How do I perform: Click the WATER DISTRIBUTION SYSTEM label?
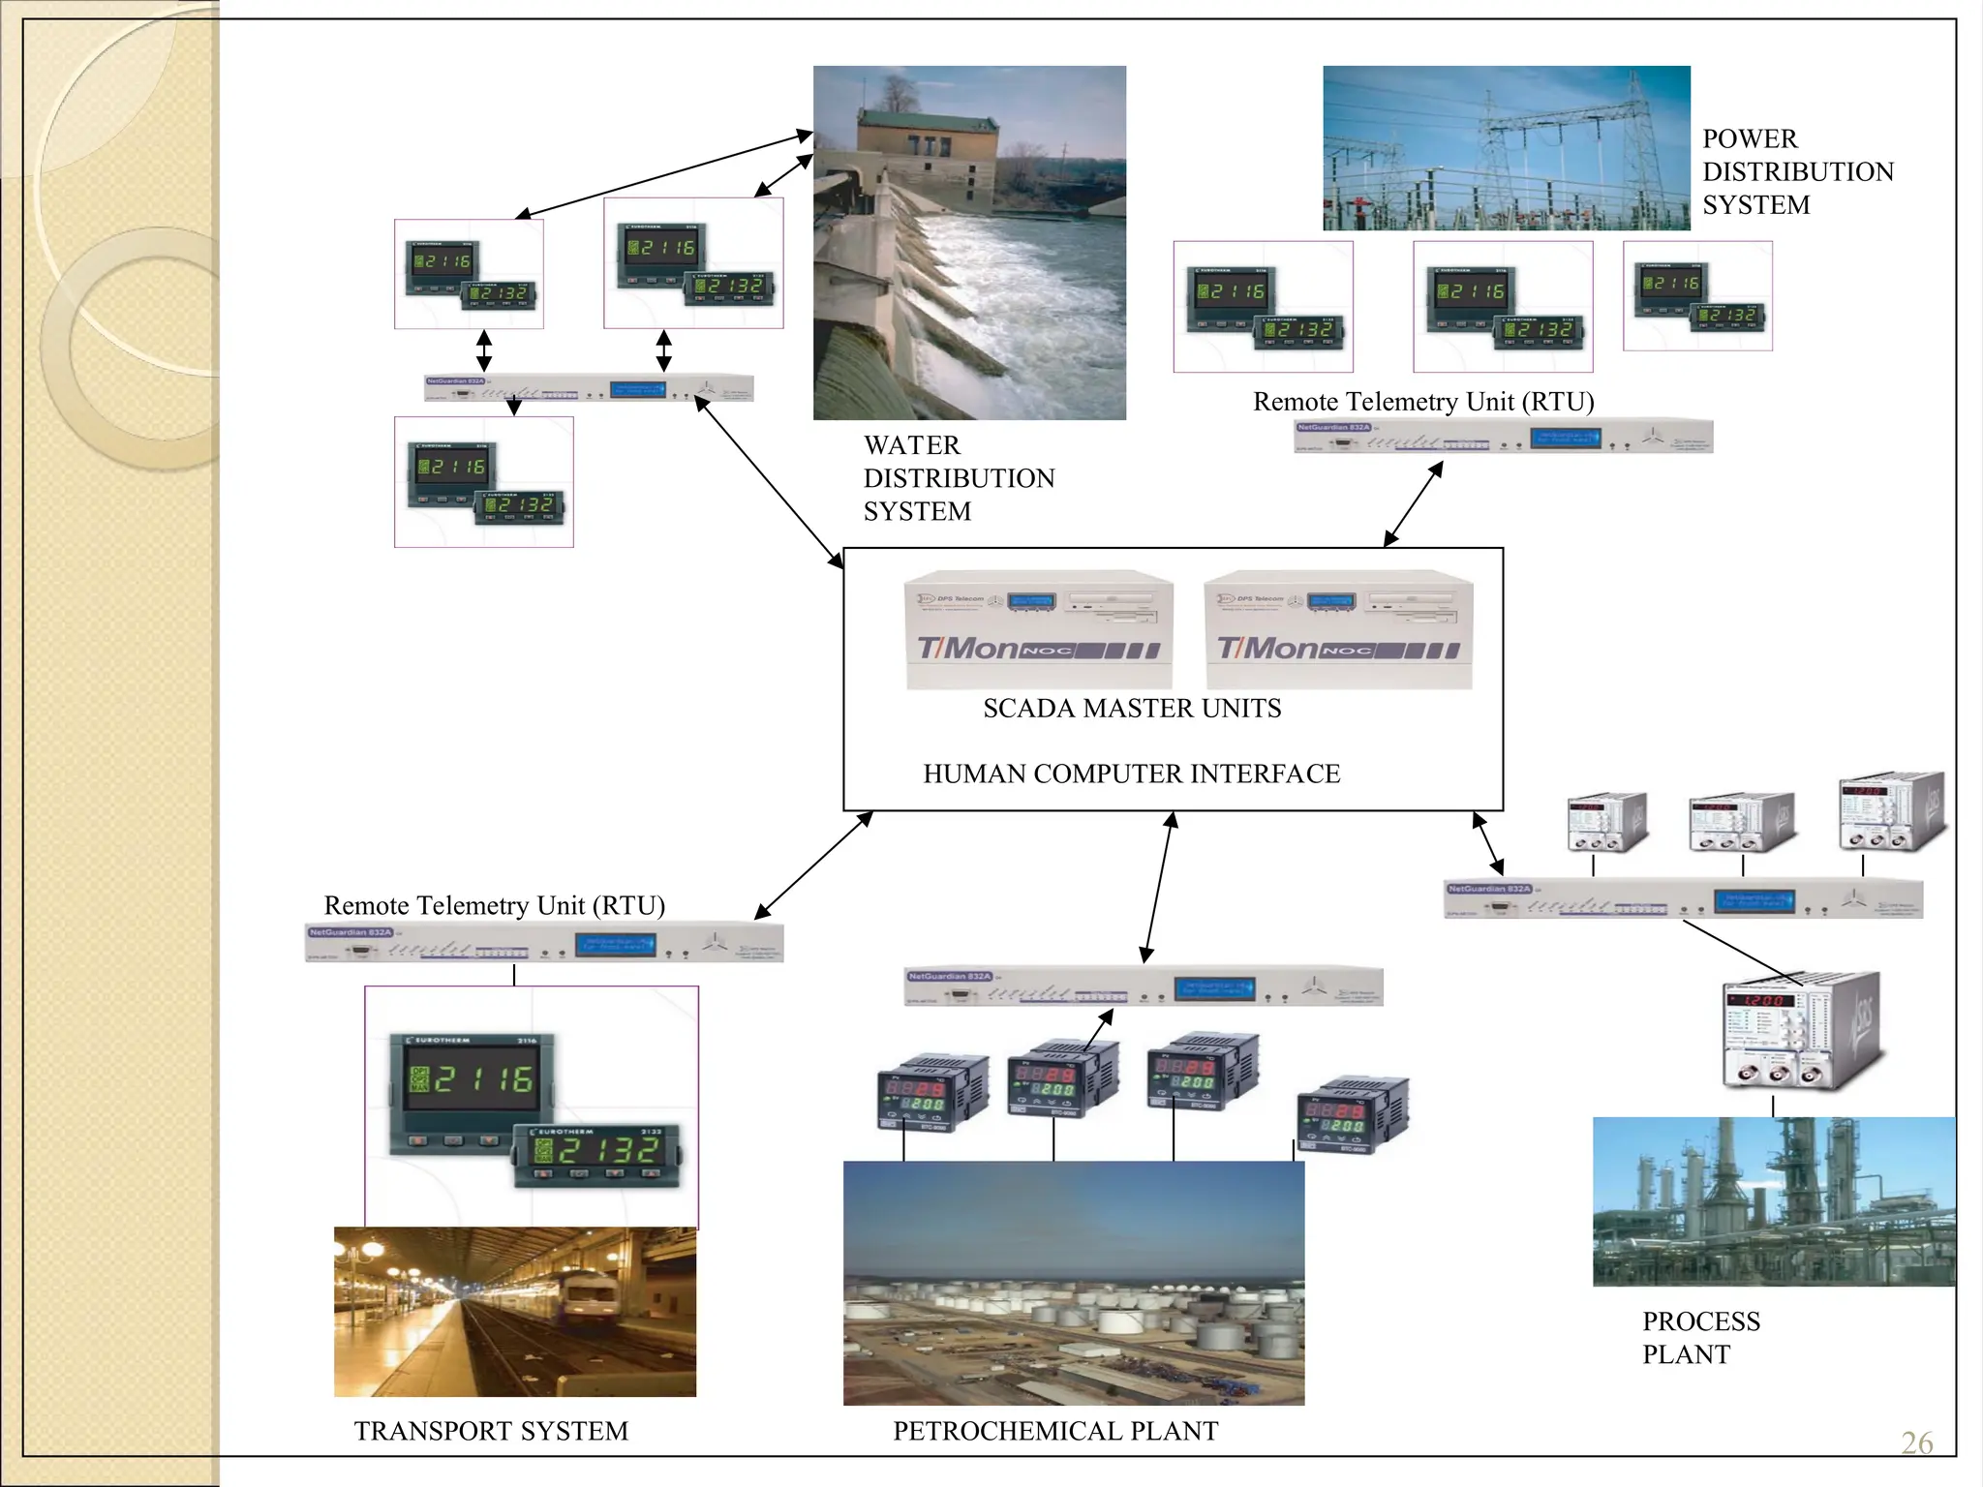[x=958, y=478]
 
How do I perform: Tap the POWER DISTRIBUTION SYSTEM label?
[x=1796, y=171]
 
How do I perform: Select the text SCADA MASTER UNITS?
[x=1131, y=709]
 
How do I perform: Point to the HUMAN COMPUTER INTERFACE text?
[x=1131, y=774]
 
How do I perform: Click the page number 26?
[x=1916, y=1442]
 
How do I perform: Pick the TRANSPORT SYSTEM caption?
[x=491, y=1431]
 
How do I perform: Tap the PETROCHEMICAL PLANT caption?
[x=1054, y=1431]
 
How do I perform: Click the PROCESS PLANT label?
[x=1700, y=1337]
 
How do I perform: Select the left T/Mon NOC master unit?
[x=1038, y=630]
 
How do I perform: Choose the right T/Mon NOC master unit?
[x=1338, y=630]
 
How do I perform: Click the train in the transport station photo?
[x=591, y=1298]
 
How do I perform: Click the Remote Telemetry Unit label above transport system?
[x=494, y=905]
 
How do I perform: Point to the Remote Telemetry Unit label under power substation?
[x=1422, y=402]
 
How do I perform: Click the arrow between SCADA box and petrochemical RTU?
[x=1158, y=887]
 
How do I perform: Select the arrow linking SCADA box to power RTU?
[x=1413, y=504]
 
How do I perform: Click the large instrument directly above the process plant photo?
[x=1800, y=1032]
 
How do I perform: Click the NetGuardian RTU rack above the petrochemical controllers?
[x=1143, y=986]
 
